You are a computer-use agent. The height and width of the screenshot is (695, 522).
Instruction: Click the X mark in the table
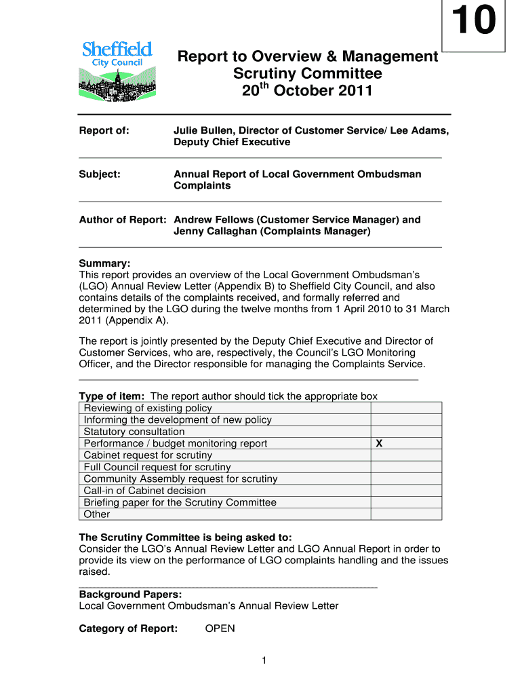pyautogui.click(x=379, y=443)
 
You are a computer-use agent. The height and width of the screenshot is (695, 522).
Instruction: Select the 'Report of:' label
pyautogui.click(x=104, y=130)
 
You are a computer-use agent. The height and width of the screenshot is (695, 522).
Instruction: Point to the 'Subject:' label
pyautogui.click(x=100, y=174)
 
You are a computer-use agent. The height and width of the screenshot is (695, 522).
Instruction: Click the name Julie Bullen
pyautogui.click(x=204, y=130)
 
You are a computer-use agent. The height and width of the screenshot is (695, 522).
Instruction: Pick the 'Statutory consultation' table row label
pyautogui.click(x=134, y=432)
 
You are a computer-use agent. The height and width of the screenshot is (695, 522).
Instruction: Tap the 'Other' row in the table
pyautogui.click(x=97, y=514)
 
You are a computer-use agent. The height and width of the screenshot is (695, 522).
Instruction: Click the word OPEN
pyautogui.click(x=220, y=628)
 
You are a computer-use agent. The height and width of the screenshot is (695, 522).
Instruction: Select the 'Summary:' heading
pyautogui.click(x=104, y=263)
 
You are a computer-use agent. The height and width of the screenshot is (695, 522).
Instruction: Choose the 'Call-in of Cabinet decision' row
pyautogui.click(x=144, y=491)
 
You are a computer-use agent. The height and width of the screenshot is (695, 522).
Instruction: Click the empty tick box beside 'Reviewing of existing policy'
pyautogui.click(x=405, y=408)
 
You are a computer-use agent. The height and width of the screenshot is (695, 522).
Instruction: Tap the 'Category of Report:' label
pyautogui.click(x=128, y=628)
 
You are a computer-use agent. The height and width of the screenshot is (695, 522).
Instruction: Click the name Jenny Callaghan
pyautogui.click(x=211, y=231)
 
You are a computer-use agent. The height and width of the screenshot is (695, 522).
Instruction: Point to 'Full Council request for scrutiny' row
pyautogui.click(x=157, y=467)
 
